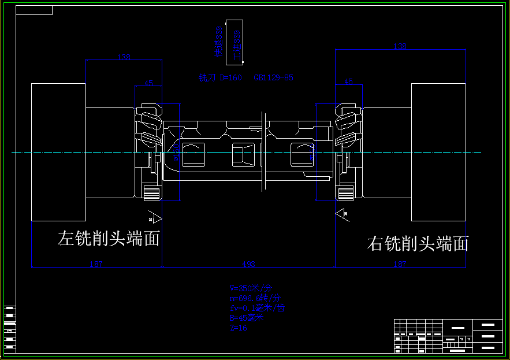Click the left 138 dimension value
124,57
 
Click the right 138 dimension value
399,46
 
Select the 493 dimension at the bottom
248,264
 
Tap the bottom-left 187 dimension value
96,264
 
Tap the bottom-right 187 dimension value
400,264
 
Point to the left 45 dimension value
148,83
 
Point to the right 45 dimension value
348,82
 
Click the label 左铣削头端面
109,239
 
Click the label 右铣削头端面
418,244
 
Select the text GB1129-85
273,77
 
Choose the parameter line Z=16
239,327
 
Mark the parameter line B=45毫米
247,317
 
